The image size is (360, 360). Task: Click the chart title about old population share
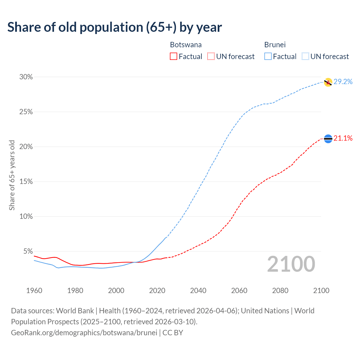click(114, 27)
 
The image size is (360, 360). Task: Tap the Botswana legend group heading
click(186, 45)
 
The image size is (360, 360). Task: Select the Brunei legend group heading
click(275, 45)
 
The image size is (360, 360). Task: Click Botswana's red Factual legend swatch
click(174, 57)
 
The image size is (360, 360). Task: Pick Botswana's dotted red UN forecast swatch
click(211, 57)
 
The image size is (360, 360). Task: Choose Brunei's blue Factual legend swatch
click(268, 57)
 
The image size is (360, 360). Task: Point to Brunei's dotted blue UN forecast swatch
click(305, 57)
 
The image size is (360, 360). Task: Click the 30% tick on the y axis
click(26, 77)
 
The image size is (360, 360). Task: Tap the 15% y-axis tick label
click(26, 182)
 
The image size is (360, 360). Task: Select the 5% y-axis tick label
click(28, 251)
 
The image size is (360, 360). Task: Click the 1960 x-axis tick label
click(34, 291)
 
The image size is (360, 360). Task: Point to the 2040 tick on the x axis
click(198, 291)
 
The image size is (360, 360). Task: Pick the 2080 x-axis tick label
click(280, 291)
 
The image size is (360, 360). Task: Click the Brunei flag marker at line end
click(328, 82)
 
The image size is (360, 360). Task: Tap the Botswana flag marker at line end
click(328, 139)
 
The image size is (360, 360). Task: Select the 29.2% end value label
click(343, 82)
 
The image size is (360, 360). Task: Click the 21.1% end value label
click(343, 138)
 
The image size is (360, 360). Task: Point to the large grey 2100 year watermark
click(291, 264)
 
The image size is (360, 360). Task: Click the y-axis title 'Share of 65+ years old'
click(12, 175)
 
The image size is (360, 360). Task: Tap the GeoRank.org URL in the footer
click(84, 333)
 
